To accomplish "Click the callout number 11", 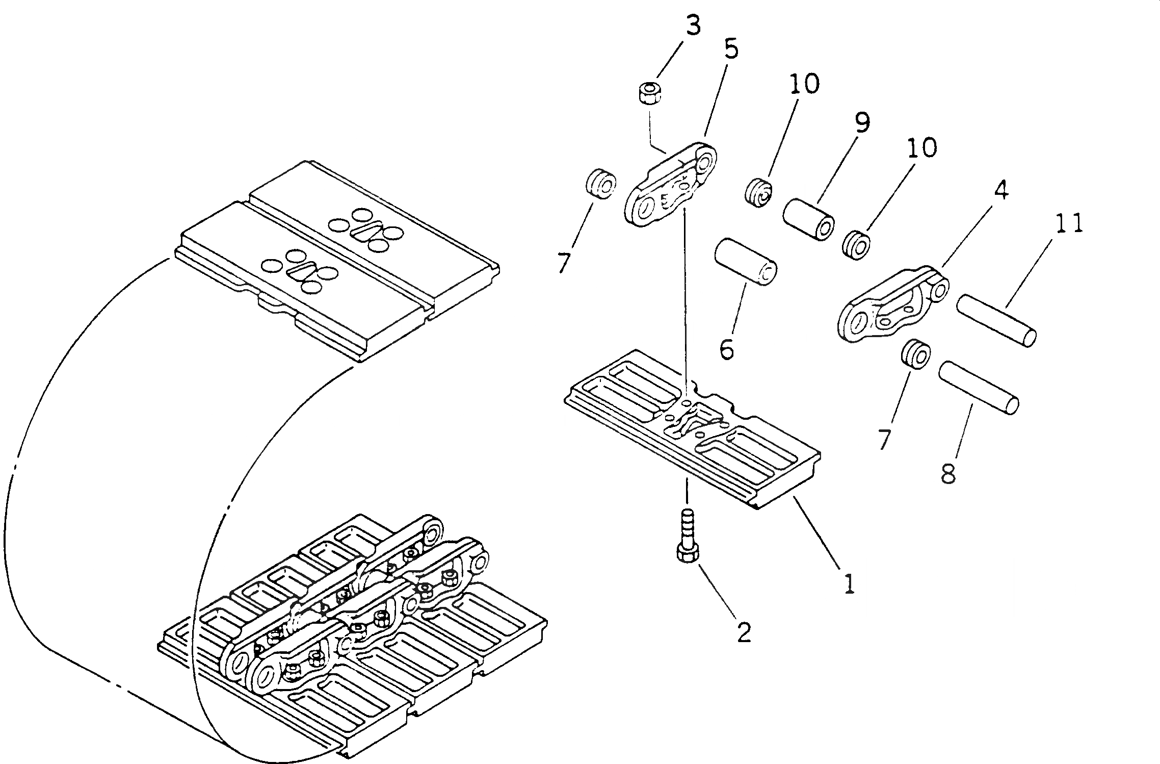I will coord(1069,224).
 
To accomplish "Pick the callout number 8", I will coord(947,474).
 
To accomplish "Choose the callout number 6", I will coord(726,349).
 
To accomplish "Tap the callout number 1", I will coord(848,584).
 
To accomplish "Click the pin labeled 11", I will coord(996,321).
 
